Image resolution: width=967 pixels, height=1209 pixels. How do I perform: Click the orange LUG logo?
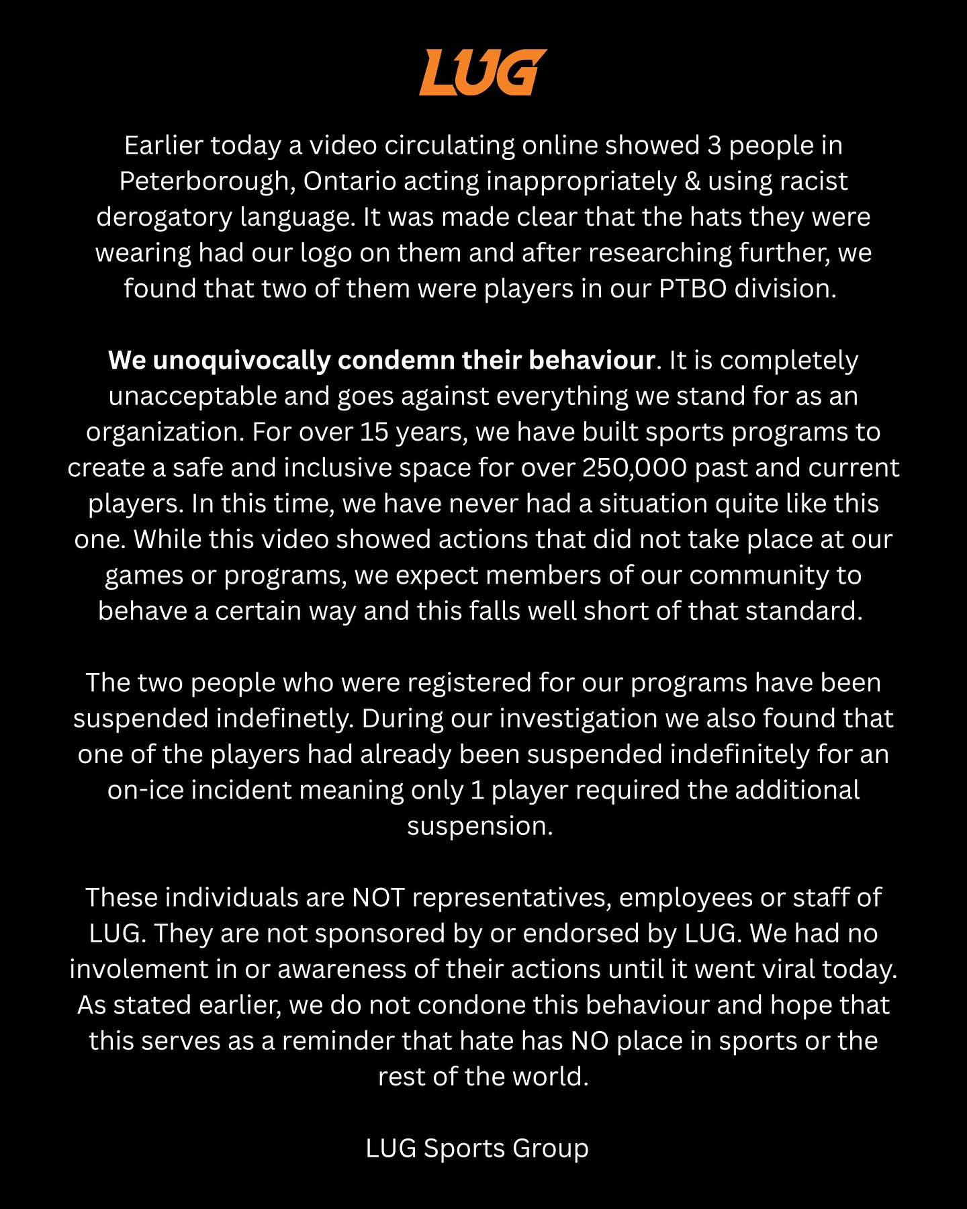483,72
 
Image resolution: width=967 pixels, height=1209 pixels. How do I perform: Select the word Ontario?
347,181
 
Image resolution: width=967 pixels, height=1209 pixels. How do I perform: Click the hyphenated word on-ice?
146,791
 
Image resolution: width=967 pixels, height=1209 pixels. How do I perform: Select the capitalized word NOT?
378,898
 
